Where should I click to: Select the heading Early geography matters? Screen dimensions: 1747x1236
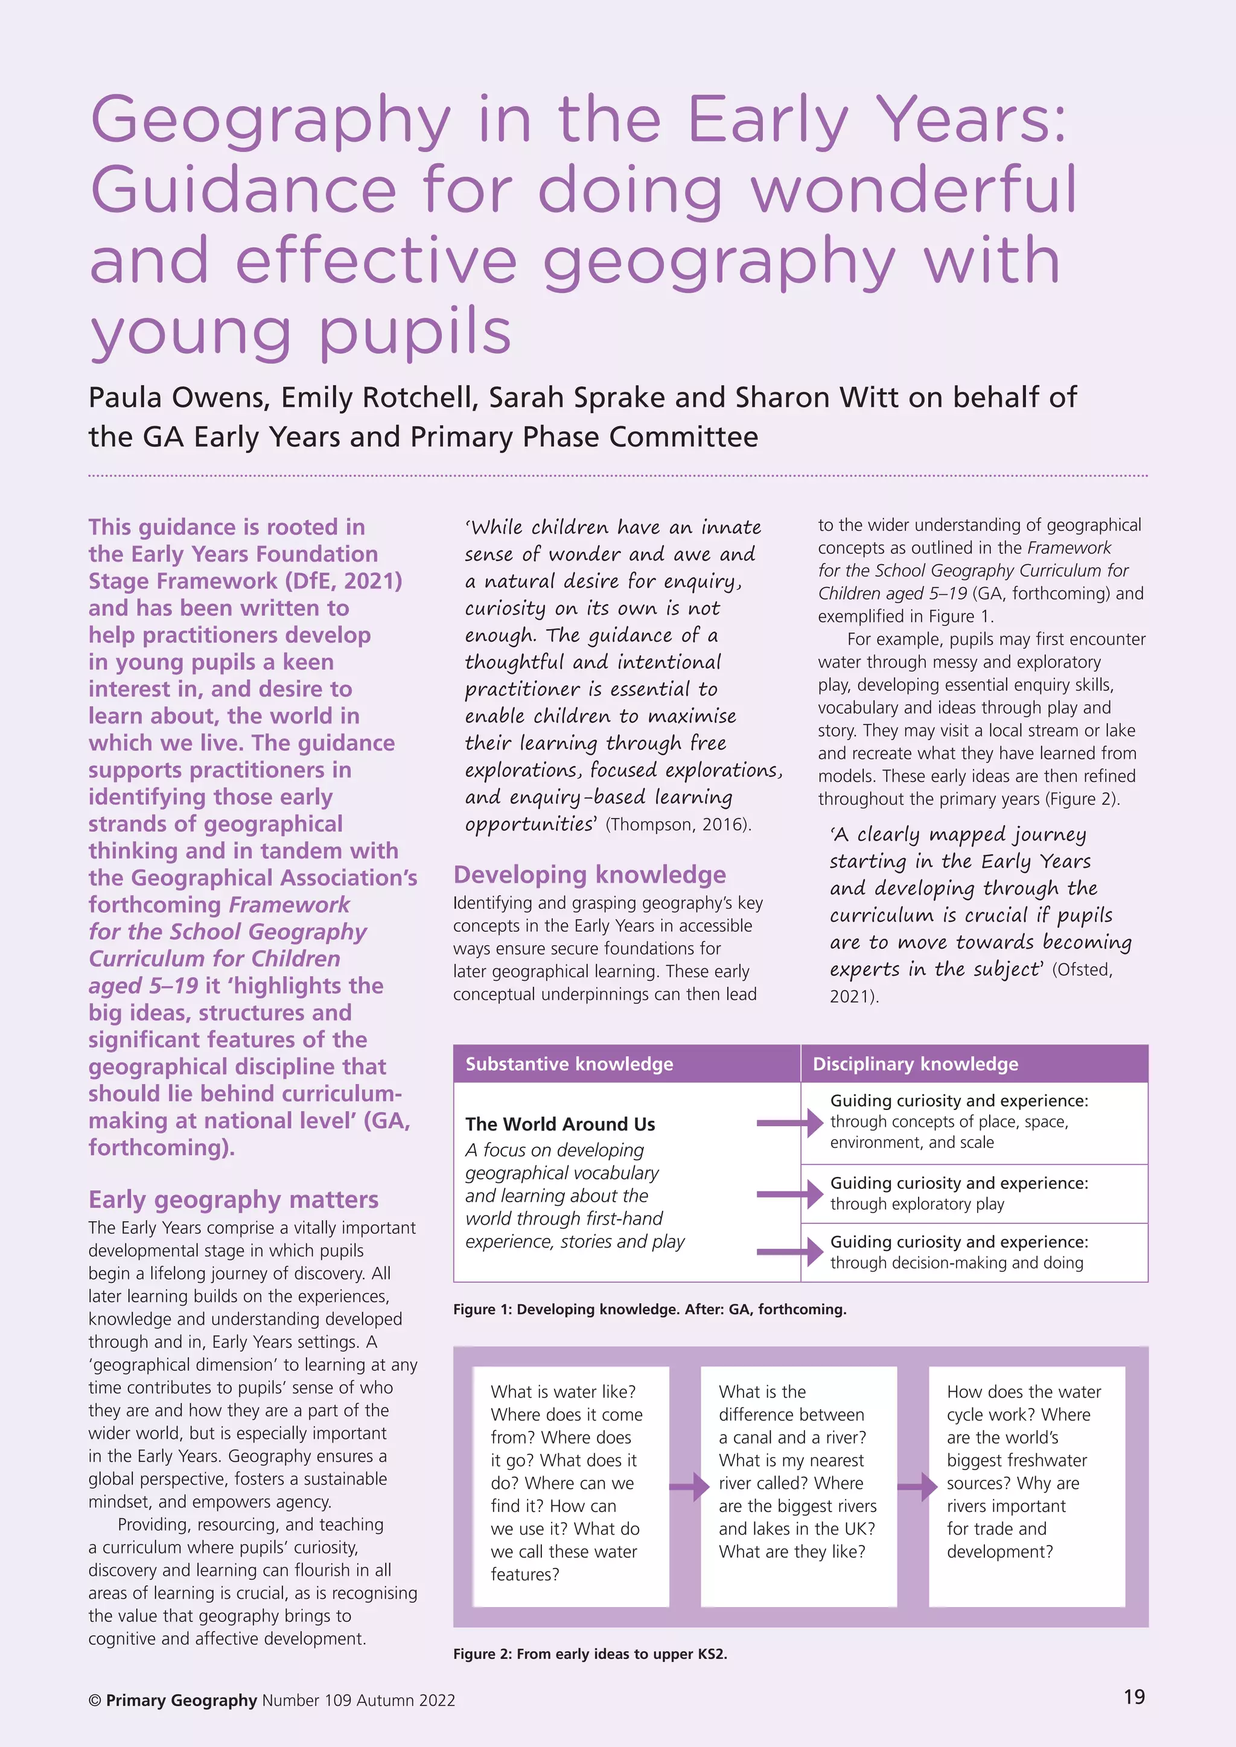(233, 1199)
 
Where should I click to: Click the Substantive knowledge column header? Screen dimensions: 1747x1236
(569, 1064)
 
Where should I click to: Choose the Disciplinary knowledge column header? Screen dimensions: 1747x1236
(915, 1064)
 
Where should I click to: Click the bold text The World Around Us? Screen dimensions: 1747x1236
(559, 1124)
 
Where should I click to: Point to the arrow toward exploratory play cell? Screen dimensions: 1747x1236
(790, 1194)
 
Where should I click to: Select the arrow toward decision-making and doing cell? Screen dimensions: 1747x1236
(790, 1252)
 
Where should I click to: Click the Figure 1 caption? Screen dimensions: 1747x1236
(649, 1308)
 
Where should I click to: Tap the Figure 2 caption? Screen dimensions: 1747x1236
(590, 1653)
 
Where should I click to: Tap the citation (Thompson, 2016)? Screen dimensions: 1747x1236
(678, 825)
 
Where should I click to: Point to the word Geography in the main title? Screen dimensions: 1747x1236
(270, 119)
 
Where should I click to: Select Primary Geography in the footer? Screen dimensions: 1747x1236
(181, 1700)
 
